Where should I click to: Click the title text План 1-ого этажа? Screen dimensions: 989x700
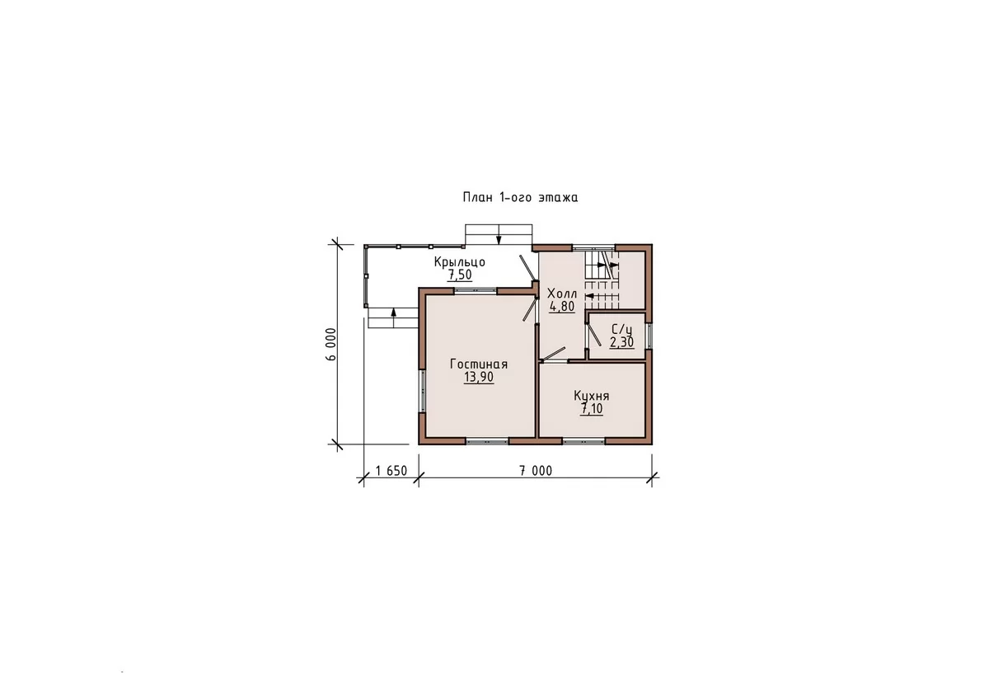520,197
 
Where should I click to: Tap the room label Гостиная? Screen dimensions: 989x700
479,364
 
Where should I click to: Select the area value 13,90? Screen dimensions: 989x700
479,377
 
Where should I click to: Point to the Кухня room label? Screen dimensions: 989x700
591,396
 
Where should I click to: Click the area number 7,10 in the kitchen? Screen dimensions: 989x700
592,409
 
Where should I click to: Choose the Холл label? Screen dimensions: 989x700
562,294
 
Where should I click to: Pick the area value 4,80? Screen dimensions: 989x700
562,307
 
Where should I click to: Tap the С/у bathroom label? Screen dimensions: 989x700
621,330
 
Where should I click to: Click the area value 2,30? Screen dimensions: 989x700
621,342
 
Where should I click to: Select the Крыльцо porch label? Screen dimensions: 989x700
460,262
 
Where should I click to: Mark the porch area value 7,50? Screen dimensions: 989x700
460,275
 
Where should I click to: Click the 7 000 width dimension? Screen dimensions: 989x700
536,471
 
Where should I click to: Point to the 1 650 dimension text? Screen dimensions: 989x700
391,471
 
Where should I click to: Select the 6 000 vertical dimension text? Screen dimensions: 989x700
331,344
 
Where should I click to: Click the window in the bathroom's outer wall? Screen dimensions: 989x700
649,336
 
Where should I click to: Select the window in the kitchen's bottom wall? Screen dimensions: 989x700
584,441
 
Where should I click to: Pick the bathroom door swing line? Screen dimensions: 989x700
593,335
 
